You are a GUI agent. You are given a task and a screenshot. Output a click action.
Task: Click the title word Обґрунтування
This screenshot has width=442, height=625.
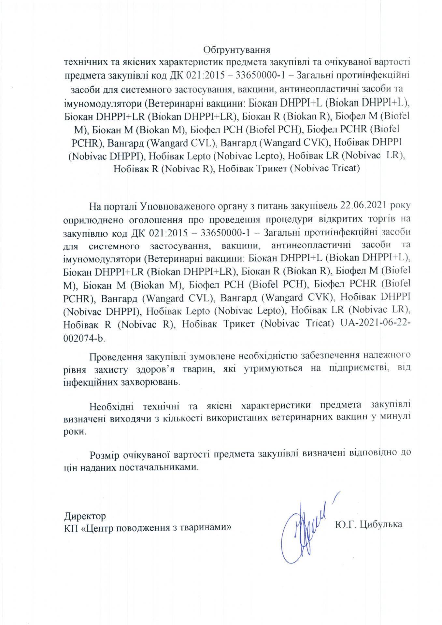(x=237, y=50)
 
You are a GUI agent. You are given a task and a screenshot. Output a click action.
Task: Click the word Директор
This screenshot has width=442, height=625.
(x=85, y=516)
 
